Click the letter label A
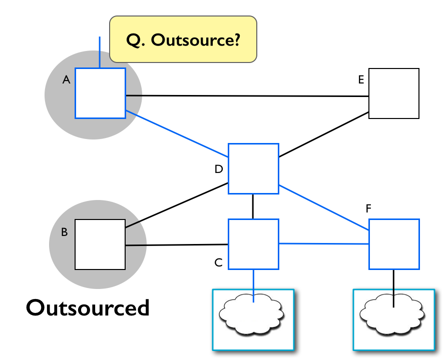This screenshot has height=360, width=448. click(66, 79)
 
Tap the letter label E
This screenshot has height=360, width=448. click(361, 79)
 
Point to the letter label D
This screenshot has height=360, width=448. click(219, 169)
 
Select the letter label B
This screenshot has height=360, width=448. click(64, 232)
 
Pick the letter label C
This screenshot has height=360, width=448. click(218, 262)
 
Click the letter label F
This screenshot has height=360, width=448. click(368, 208)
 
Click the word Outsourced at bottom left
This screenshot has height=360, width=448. click(88, 307)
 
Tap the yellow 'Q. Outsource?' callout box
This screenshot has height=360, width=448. click(183, 39)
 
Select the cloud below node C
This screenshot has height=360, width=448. click(251, 314)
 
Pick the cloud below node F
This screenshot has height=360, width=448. click(392, 314)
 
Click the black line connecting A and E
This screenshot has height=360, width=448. click(247, 96)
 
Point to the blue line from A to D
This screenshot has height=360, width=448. click(177, 133)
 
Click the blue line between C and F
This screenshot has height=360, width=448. click(324, 244)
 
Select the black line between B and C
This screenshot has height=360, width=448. click(177, 245)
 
